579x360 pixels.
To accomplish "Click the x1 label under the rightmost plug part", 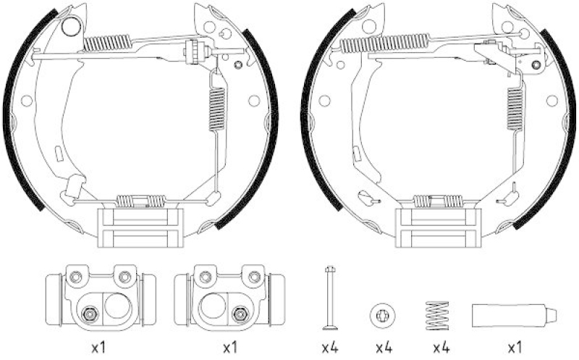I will pyautogui.click(x=514, y=348).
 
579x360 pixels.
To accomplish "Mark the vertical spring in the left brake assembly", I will pyautogui.click(x=216, y=109).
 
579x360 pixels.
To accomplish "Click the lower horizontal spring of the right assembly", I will pyautogui.click(x=437, y=201).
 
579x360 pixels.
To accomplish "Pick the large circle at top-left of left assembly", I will pyautogui.click(x=70, y=28).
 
